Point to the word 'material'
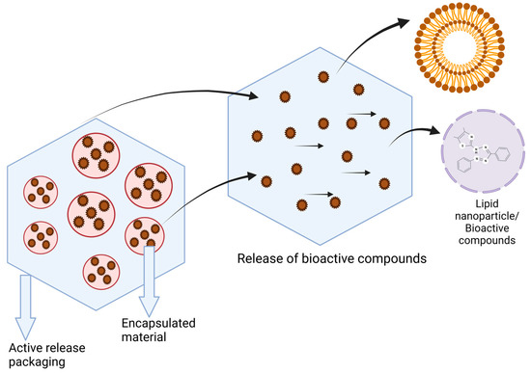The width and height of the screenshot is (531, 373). coord(143,339)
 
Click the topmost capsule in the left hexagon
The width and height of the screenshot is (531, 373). coord(100,151)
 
